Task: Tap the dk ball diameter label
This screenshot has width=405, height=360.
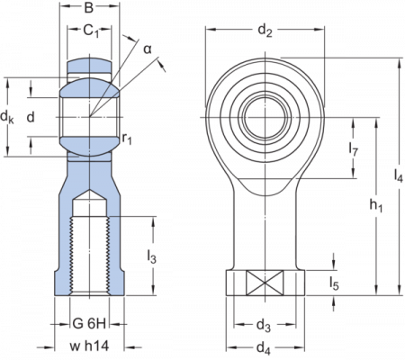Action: tap(8, 118)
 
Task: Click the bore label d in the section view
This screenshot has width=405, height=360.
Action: tap(31, 116)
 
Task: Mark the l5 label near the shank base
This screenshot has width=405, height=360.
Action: tap(334, 283)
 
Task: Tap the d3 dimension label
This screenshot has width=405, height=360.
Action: tap(264, 324)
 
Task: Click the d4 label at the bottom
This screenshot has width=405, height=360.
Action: tap(264, 346)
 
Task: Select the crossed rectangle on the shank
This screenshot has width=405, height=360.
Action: tap(264, 285)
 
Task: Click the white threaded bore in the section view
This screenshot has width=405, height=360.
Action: tap(78, 256)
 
